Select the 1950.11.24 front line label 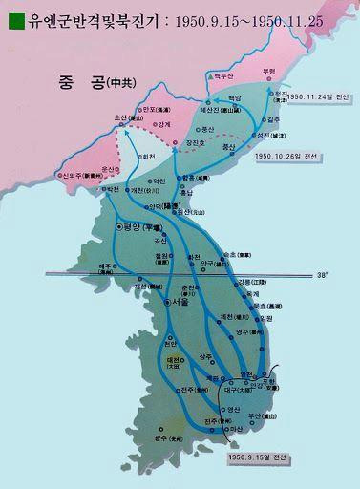click(x=313, y=96)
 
